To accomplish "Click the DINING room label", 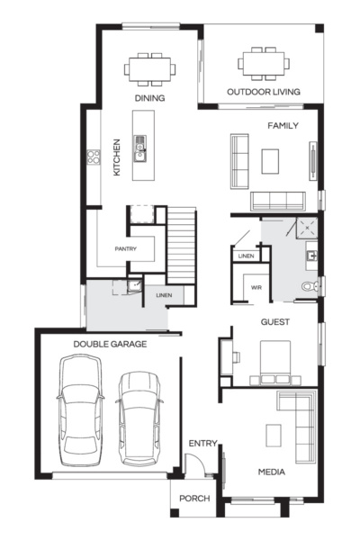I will click(149, 97).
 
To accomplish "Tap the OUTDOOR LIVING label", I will click(264, 92).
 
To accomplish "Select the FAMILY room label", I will click(282, 126).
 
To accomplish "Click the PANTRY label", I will click(125, 248).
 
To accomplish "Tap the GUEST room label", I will click(274, 321).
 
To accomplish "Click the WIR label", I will click(255, 287).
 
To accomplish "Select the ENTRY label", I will click(202, 442).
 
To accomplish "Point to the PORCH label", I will click(194, 498).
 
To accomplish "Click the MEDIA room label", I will click(272, 472).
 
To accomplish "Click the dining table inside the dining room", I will click(149, 68).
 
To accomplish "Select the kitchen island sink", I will click(140, 146).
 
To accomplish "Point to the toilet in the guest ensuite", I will click(309, 287).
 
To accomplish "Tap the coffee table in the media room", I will click(274, 434).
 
